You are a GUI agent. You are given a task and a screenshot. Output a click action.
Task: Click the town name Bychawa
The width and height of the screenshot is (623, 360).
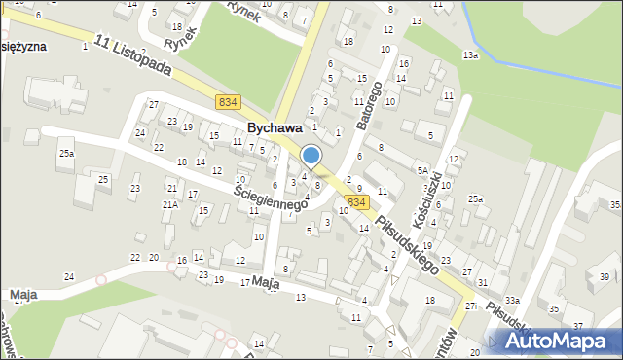click(x=274, y=127)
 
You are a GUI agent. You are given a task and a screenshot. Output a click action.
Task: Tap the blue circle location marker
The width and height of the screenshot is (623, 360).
click(x=311, y=155)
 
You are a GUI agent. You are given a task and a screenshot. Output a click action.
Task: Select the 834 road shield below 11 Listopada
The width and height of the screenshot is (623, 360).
click(x=229, y=102)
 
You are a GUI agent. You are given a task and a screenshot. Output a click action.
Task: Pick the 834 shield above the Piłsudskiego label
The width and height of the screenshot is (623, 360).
click(x=357, y=202)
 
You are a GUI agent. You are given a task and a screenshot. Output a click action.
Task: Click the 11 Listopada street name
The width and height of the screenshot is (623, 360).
click(x=133, y=57)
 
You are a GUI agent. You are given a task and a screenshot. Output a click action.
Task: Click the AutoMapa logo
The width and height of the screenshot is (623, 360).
click(x=554, y=340)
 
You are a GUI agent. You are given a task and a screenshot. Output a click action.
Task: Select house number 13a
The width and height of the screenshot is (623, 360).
click(x=471, y=55)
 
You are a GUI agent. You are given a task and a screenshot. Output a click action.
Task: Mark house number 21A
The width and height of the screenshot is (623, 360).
click(x=169, y=204)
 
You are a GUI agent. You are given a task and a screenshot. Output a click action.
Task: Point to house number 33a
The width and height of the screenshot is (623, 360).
click(x=512, y=301)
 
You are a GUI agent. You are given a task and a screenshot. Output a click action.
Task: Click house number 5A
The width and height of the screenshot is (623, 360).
click(x=422, y=170)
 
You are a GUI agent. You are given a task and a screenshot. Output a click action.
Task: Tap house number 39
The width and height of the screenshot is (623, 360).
click(x=604, y=277)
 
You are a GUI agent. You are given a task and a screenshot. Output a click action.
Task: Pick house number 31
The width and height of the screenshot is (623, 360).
click(x=484, y=282)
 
